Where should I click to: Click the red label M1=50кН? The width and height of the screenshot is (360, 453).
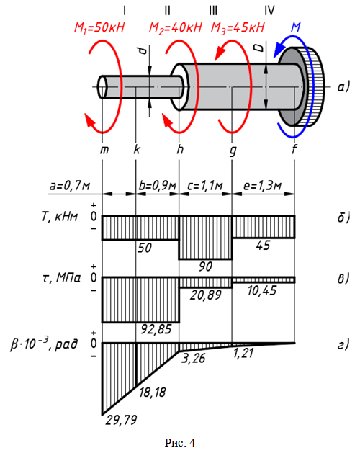(x=99, y=28)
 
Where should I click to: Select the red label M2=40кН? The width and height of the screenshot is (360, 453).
(x=175, y=28)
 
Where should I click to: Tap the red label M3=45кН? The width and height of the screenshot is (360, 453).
(x=238, y=28)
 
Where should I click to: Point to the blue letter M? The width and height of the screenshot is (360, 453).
(x=296, y=27)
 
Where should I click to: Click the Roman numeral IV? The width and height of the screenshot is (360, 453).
(x=269, y=11)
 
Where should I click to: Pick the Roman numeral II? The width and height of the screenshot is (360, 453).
(x=167, y=11)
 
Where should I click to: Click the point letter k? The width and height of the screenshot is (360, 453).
(x=137, y=149)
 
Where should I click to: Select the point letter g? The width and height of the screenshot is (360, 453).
(x=233, y=151)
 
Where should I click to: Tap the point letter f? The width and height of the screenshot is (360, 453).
(x=294, y=149)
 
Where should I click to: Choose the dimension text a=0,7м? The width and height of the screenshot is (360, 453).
(x=70, y=185)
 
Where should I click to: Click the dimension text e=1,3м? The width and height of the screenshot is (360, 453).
(x=262, y=185)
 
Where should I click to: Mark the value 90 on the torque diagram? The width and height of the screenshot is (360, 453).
(x=205, y=266)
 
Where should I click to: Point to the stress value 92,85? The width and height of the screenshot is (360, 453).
(x=156, y=329)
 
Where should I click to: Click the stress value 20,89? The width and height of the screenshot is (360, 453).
(x=205, y=295)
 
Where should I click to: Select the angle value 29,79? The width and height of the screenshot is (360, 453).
(x=121, y=420)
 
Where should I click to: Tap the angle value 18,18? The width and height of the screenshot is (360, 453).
(x=152, y=393)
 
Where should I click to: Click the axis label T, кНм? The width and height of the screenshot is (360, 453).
(x=60, y=216)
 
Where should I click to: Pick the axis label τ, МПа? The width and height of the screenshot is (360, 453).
(x=61, y=278)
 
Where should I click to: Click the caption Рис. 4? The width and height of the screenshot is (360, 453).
(x=180, y=443)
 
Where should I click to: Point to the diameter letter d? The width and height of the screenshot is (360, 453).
(x=143, y=51)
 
